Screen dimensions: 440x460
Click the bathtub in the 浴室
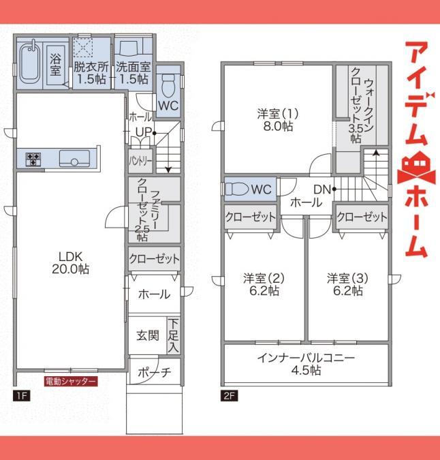29,63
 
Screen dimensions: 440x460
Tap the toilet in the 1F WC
168,85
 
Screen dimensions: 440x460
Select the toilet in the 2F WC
236,189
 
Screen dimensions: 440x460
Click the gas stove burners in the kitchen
33,159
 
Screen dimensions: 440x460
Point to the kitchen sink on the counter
74,158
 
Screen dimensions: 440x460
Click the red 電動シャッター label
71,382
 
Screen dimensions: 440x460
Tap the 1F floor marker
21,396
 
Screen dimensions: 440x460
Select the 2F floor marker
230,396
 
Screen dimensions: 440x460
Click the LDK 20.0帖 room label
71,262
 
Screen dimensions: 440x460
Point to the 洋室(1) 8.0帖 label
278,120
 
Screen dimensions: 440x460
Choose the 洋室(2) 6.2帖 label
264,284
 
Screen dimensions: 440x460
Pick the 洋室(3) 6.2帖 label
347,284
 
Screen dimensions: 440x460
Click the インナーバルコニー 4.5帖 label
306,364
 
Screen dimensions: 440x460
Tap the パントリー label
141,161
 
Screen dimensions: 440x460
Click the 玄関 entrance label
148,335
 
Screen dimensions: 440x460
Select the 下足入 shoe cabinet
173,335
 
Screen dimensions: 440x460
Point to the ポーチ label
154,372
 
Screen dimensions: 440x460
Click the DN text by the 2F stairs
322,189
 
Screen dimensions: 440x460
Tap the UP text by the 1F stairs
144,132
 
